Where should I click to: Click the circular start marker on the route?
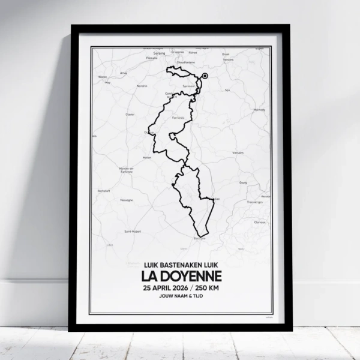pyautogui.click(x=205, y=76)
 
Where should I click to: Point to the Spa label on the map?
pyautogui.click(x=227, y=90)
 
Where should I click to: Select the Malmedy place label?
pyautogui.click(x=259, y=110)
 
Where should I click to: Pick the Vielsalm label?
pyautogui.click(x=238, y=152)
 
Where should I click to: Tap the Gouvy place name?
pyautogui.click(x=243, y=182)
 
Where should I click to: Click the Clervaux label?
pyautogui.click(x=260, y=222)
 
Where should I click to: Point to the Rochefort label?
pyautogui.click(x=103, y=191)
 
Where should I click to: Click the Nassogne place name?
pyautogui.click(x=127, y=200)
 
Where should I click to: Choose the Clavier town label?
pyautogui.click(x=130, y=114)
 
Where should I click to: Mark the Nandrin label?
pyautogui.click(x=141, y=86)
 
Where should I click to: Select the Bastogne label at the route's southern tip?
pyautogui.click(x=200, y=238)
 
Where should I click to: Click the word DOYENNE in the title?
pyautogui.click(x=190, y=276)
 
